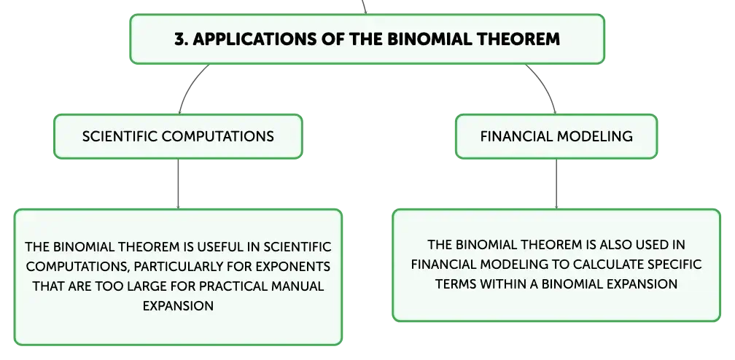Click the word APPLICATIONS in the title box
[x=254, y=39]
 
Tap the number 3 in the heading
[x=179, y=39]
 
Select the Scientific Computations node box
[x=178, y=136]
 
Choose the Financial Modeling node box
[x=556, y=136]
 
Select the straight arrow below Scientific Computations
[x=178, y=184]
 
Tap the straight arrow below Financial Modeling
[x=556, y=184]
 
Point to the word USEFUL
[x=228, y=246]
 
